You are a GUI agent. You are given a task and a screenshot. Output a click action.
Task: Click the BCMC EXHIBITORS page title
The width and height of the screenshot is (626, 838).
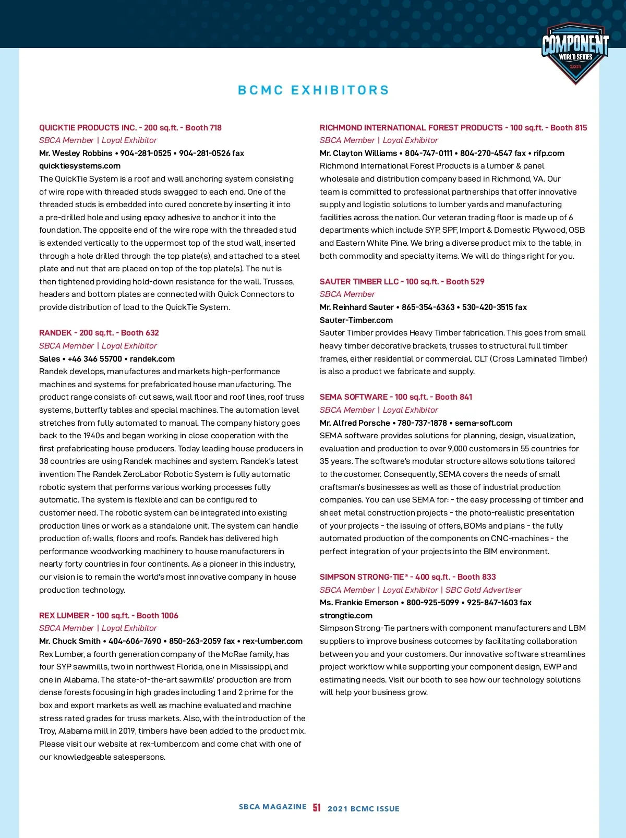coord(314,90)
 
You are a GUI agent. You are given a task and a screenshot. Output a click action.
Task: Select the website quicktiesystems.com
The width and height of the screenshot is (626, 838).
coord(80,166)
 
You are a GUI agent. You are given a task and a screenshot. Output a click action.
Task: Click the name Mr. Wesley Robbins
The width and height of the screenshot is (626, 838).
coord(76,153)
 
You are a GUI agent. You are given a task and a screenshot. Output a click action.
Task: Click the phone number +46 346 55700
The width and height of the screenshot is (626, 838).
coord(95,359)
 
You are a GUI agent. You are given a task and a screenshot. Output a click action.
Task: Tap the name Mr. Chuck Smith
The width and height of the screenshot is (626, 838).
coord(70,641)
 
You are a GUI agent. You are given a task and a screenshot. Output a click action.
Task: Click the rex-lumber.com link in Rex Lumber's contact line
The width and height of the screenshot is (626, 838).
coord(272,641)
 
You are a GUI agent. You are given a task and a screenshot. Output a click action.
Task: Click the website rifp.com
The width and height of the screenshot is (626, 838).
coord(549,153)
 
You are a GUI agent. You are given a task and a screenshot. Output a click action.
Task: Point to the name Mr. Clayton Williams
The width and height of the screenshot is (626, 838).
coord(358,153)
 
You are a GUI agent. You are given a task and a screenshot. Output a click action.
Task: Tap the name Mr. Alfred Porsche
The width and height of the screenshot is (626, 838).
coord(355,423)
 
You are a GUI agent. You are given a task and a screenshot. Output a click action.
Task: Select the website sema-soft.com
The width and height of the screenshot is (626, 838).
coord(484,423)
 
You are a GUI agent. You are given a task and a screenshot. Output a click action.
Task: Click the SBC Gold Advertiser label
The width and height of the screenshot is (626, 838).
coord(483,590)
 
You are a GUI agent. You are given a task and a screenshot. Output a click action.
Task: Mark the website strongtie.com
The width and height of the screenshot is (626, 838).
coord(346,616)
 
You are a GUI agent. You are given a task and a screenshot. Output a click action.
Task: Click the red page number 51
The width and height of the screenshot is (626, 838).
coord(317,808)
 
